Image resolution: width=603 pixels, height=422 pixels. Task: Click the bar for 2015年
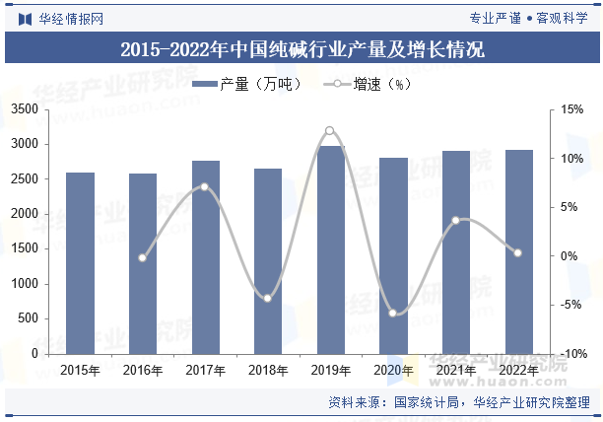(80, 262)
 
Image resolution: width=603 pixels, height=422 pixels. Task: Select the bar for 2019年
(330, 249)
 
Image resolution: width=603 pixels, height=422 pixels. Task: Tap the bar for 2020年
(393, 255)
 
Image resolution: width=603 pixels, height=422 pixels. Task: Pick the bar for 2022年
(518, 251)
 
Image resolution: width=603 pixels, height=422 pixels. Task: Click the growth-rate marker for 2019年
(330, 130)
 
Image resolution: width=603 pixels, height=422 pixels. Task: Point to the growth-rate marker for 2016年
(142, 257)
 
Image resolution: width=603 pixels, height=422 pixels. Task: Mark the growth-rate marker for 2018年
(267, 298)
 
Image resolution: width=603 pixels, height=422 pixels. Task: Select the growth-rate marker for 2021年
(455, 220)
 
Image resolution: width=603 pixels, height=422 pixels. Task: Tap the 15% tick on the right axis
(572, 109)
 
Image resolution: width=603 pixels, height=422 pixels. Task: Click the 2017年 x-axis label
(205, 371)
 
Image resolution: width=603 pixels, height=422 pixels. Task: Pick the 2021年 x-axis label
(455, 371)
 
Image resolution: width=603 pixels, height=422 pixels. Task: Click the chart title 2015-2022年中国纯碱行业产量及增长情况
(301, 48)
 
